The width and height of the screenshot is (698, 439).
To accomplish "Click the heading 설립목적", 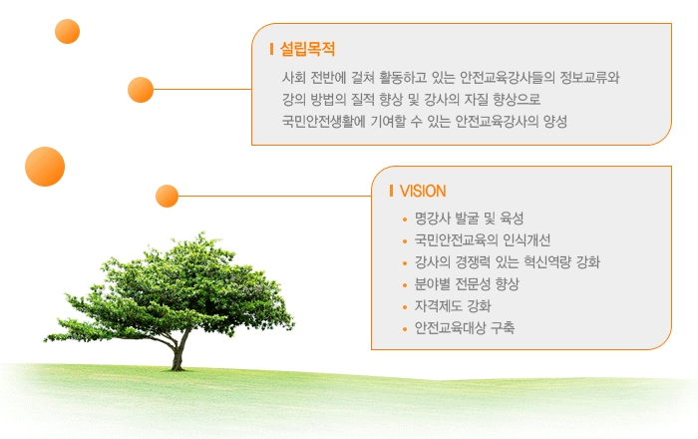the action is pyautogui.click(x=307, y=49).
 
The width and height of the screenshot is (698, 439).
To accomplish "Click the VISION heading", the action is pyautogui.click(x=423, y=191).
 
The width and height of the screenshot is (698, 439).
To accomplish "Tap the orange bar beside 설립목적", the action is pyautogui.click(x=271, y=49).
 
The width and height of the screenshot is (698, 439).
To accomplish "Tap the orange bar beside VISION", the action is pyautogui.click(x=391, y=191).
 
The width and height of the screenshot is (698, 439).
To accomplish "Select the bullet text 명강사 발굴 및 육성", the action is pyautogui.click(x=470, y=219).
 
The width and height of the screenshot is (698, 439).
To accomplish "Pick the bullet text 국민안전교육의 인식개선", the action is pyautogui.click(x=483, y=240).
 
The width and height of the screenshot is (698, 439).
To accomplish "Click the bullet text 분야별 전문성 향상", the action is pyautogui.click(x=467, y=284).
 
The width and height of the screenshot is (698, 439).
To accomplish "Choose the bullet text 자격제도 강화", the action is pyautogui.click(x=453, y=306).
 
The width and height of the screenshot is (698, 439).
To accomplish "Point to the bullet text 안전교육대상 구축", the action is pyautogui.click(x=465, y=327).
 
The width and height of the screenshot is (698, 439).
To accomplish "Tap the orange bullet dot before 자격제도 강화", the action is pyautogui.click(x=405, y=307).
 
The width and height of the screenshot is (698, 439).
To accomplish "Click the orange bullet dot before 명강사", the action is pyautogui.click(x=405, y=219).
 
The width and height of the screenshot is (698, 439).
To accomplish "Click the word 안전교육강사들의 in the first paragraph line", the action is pyautogui.click(x=507, y=78).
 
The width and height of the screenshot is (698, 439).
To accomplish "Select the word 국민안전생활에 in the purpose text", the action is pyautogui.click(x=324, y=121).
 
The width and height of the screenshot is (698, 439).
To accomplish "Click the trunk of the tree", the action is pyautogui.click(x=179, y=354).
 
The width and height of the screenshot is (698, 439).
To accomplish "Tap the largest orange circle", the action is pyautogui.click(x=45, y=167).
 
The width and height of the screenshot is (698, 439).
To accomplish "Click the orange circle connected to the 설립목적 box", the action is pyautogui.click(x=141, y=90).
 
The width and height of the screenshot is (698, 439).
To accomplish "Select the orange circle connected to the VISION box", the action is pyautogui.click(x=167, y=196).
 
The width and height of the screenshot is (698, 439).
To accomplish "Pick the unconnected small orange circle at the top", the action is pyautogui.click(x=67, y=31).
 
